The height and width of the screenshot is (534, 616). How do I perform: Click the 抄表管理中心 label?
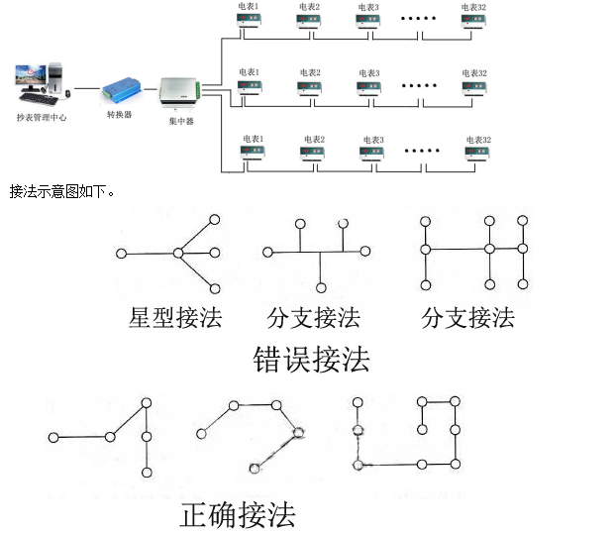41,117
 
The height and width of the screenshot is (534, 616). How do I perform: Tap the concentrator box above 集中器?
179,92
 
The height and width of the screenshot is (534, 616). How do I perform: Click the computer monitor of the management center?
31,76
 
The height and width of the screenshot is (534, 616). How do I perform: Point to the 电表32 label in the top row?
473,7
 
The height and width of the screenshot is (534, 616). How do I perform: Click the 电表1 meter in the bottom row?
254,154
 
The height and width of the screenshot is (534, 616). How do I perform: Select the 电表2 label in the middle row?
310,72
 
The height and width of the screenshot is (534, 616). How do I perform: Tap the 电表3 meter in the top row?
368,23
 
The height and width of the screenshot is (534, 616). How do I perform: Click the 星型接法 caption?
174,318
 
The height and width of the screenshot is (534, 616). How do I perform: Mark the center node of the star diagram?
178,254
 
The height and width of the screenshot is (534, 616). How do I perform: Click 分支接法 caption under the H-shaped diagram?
467,318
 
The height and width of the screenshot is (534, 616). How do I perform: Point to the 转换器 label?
120,115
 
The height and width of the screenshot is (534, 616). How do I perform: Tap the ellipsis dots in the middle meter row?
420,86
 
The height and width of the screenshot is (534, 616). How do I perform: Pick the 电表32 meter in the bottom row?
478,154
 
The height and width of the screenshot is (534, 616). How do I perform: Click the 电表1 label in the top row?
249,7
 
